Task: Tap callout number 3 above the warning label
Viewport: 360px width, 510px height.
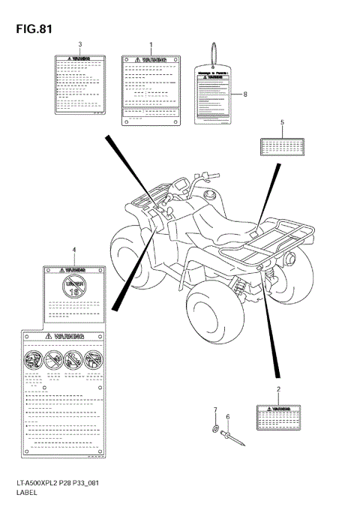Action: tap(79, 45)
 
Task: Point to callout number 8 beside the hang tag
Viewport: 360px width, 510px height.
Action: tap(244, 94)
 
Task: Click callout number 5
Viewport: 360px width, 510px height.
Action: tap(282, 122)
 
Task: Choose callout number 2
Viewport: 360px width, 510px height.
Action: tap(278, 390)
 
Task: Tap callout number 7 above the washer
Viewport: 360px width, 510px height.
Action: tap(214, 409)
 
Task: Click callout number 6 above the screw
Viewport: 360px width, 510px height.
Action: tap(228, 417)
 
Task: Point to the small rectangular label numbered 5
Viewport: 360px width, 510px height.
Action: tap(281, 147)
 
